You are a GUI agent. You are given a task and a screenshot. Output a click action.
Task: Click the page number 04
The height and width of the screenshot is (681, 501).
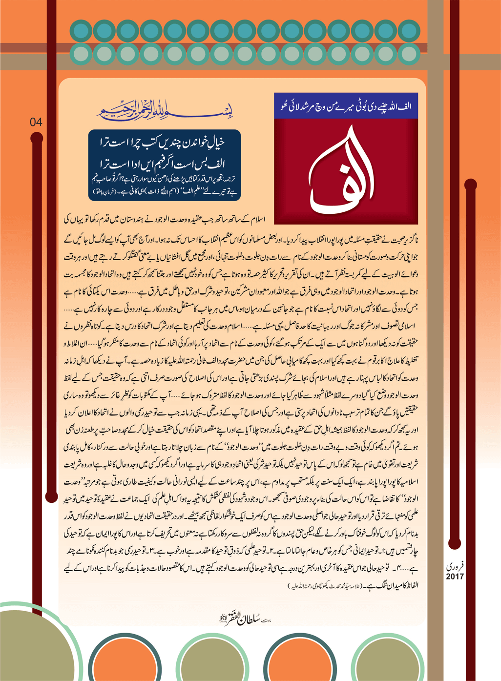click(x=36, y=122)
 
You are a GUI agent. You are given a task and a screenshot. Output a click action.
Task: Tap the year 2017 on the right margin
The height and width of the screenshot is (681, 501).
click(x=455, y=577)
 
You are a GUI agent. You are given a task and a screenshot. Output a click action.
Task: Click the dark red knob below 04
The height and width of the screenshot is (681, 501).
click(x=37, y=138)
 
